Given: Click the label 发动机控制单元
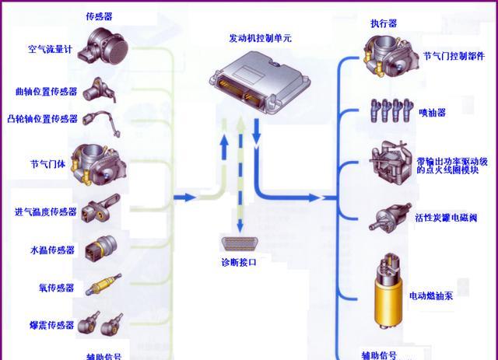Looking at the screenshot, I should [x=261, y=37].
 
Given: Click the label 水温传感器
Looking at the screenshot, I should [x=51, y=250].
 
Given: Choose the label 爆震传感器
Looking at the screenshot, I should [x=51, y=325].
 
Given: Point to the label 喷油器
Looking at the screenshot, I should [x=432, y=113].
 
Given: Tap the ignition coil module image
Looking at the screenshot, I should [x=388, y=163].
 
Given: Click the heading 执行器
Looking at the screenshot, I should [x=384, y=24].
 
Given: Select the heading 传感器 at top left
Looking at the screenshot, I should [x=97, y=16].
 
